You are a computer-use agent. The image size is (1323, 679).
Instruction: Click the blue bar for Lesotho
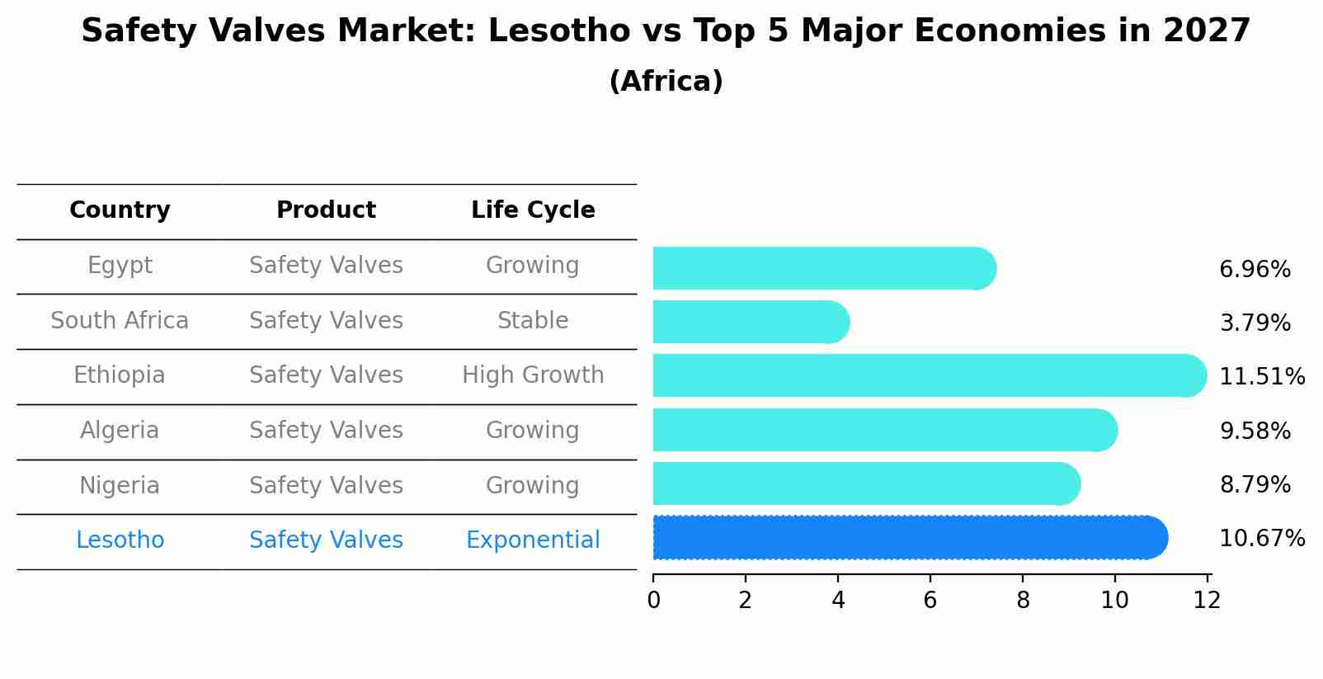point(907,538)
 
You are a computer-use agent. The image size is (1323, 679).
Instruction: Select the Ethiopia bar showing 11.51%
point(928,375)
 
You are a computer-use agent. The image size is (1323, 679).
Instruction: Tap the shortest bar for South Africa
point(749,322)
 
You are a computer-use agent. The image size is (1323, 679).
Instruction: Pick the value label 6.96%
point(1255,270)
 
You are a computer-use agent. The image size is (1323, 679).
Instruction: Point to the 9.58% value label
point(1255,431)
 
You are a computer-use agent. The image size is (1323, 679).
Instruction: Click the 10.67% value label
point(1261,539)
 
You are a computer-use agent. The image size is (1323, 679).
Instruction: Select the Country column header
point(120,210)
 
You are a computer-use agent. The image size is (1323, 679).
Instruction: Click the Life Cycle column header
point(533,210)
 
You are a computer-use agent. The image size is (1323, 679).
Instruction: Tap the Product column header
point(326,210)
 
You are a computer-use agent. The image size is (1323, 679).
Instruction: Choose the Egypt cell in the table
point(120,266)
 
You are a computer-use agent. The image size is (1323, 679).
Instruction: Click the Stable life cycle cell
point(533,321)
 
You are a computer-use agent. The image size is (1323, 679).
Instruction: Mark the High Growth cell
point(533,375)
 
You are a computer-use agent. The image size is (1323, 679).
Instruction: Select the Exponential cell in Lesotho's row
point(533,540)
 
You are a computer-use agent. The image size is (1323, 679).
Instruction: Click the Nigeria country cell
point(120,485)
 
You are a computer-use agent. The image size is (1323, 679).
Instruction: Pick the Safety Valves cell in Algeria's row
point(326,431)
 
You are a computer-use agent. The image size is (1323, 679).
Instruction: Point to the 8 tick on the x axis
point(1023,601)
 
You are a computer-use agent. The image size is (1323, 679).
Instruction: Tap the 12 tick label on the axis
point(1207,601)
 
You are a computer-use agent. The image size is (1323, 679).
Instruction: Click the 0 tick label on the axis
point(653,601)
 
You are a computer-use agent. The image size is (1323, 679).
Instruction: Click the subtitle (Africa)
point(666,82)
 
